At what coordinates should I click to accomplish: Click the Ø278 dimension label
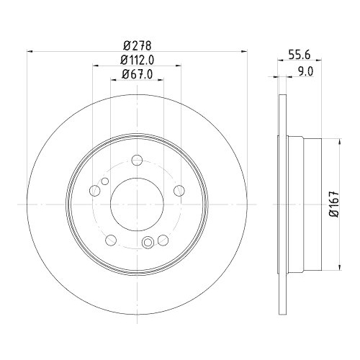point(137,45)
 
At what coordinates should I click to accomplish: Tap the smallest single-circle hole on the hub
point(105,181)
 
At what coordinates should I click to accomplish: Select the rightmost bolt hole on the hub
point(180,192)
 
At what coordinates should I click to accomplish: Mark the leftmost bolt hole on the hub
point(94,192)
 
